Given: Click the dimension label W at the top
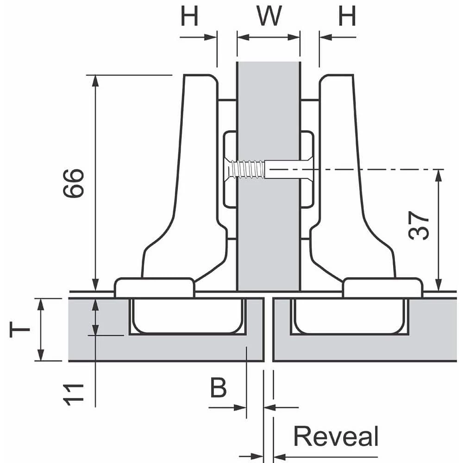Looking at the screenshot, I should point(269,17).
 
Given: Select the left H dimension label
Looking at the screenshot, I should point(189,17).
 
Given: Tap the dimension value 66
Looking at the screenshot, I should point(74,183).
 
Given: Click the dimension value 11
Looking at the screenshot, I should point(74,394).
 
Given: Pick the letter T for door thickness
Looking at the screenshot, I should point(20,330).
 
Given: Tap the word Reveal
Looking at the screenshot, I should point(336,437).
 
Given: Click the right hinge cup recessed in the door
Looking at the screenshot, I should point(350,317).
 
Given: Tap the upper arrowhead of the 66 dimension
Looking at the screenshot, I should point(95,81).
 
